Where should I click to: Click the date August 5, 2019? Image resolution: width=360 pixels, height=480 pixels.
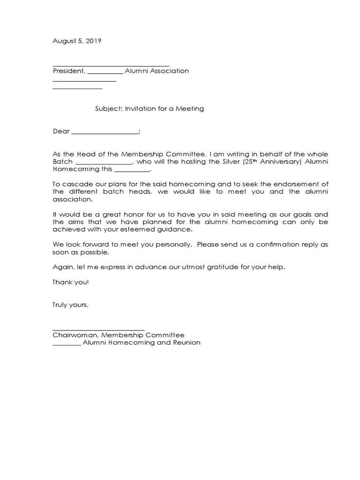point(76,41)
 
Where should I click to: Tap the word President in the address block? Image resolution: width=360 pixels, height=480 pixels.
point(68,71)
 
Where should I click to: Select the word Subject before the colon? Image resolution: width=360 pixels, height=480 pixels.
point(108,109)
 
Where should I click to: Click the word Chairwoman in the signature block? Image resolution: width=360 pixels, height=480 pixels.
point(75,335)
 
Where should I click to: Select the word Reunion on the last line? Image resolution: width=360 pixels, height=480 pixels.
point(187,343)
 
